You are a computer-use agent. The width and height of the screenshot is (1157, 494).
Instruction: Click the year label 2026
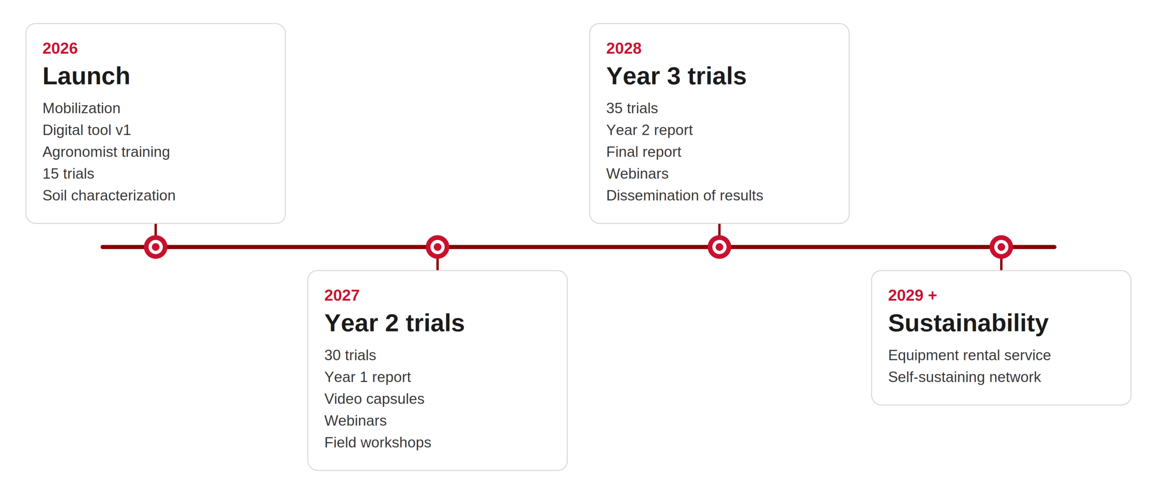[x=60, y=48]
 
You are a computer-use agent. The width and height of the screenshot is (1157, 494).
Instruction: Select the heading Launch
[x=86, y=76]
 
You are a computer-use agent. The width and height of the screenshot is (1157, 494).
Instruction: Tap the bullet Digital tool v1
[x=87, y=130]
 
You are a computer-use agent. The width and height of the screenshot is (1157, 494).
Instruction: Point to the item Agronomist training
[x=106, y=152]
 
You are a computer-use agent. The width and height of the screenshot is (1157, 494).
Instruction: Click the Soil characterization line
[x=109, y=196]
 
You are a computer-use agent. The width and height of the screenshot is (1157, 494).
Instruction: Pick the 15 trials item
[x=68, y=174]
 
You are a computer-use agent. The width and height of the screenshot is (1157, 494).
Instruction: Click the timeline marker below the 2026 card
[x=155, y=247]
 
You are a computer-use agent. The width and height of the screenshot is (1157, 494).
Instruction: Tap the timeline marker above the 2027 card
[x=437, y=247]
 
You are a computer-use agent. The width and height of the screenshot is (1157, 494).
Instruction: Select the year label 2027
[x=342, y=296]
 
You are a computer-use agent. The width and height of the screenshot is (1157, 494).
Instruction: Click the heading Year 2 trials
[x=395, y=323]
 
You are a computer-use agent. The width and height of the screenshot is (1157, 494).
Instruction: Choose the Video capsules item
[x=374, y=399]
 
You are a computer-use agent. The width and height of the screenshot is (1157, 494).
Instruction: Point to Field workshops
[x=378, y=443]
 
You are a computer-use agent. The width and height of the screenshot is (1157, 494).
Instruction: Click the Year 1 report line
[x=367, y=377]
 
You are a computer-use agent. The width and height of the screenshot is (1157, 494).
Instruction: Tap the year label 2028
[x=624, y=48]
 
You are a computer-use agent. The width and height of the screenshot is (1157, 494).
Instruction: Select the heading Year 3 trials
[x=676, y=76]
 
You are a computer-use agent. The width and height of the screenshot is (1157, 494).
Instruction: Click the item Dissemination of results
[x=684, y=196]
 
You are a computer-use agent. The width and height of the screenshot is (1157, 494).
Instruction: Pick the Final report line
[x=644, y=152]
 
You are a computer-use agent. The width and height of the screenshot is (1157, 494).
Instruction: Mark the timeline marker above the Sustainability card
[x=1001, y=247]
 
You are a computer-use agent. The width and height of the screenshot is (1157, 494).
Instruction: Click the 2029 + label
[x=912, y=296]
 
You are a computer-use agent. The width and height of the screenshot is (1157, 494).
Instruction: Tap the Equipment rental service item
[x=969, y=356]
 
